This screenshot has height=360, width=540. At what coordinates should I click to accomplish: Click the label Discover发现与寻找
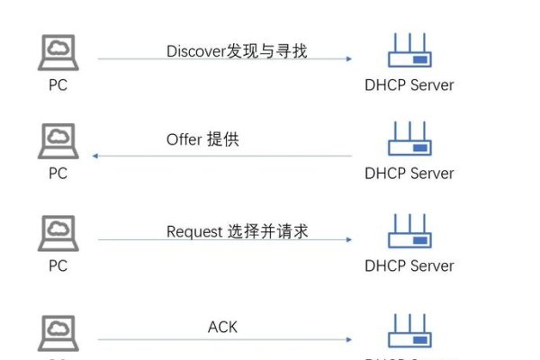point(237,51)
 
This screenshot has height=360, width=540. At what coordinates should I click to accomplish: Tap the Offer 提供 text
point(202,139)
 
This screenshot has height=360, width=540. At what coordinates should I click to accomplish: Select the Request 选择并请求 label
point(238,231)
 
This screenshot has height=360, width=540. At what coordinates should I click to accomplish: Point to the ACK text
point(222,327)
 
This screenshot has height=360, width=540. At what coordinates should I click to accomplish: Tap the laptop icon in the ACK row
point(58,333)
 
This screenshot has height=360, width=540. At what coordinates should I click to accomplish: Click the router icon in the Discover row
point(409,51)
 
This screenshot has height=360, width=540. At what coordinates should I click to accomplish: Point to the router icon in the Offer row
point(409,139)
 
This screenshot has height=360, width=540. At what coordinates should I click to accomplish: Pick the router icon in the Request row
point(409,231)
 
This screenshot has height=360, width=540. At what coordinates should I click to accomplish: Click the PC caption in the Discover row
point(58,85)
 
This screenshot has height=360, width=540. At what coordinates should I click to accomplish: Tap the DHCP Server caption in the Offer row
point(409,174)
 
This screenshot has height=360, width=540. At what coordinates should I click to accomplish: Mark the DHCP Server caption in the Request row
point(409,265)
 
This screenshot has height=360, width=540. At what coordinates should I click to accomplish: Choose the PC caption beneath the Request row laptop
point(58,265)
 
